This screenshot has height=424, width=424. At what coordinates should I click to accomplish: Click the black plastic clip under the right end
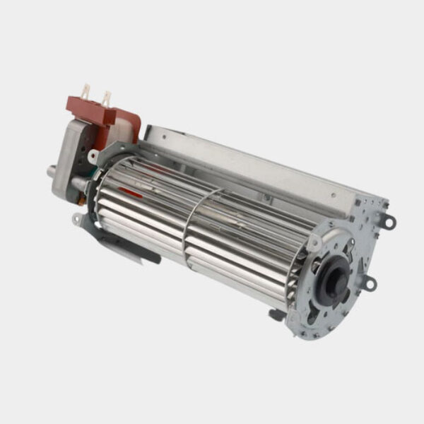click(277, 314)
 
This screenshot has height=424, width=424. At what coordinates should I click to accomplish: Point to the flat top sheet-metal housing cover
click(261, 166)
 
